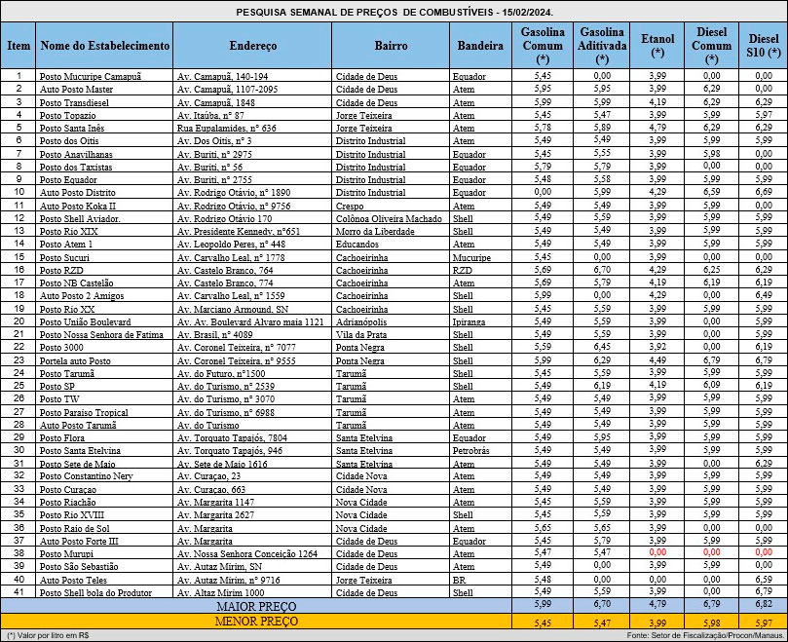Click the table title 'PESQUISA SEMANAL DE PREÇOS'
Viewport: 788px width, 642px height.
pos(394,11)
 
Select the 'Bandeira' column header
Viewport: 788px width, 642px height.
pos(481,46)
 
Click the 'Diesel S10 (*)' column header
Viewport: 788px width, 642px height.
pos(765,46)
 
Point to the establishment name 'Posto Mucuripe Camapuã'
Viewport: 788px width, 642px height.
pos(90,75)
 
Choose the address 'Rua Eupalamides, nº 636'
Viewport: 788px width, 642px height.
pos(227,128)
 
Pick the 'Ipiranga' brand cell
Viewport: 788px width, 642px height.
pos(469,319)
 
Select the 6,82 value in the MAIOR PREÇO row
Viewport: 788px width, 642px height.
pos(765,606)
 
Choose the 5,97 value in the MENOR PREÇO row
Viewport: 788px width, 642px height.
pos(765,621)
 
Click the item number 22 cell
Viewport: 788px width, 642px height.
pos(18,346)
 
